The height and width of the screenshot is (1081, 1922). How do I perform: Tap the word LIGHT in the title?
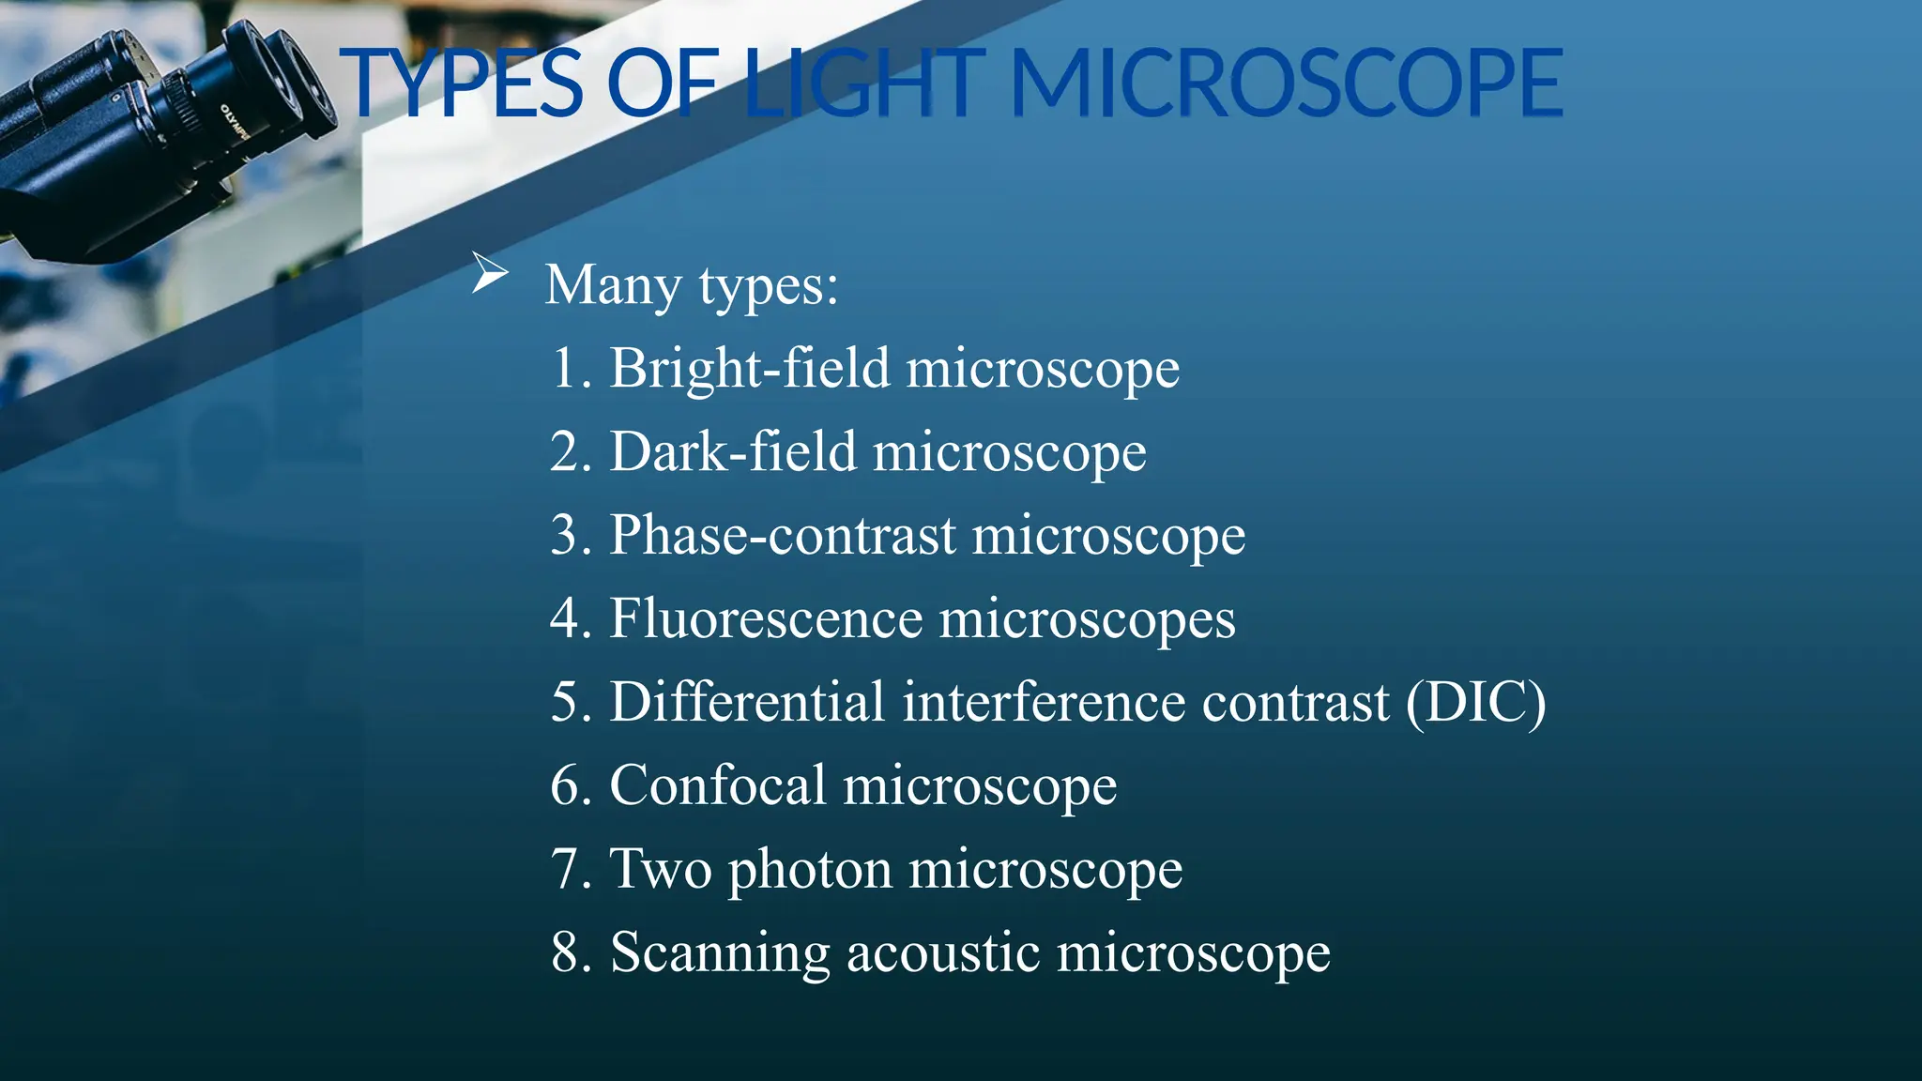click(863, 84)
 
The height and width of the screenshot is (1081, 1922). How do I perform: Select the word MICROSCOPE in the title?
click(1286, 84)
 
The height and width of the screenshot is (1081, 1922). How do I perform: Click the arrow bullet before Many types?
click(489, 273)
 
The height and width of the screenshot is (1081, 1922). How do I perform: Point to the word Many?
click(613, 285)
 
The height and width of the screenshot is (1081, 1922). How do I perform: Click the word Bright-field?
click(749, 368)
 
